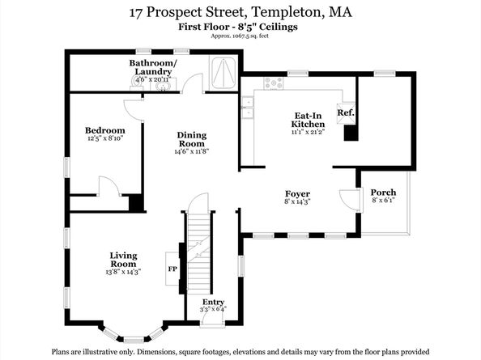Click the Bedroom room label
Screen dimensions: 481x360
pos(105,130)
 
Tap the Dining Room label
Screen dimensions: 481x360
pos(192,139)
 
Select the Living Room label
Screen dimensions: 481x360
pos(123,260)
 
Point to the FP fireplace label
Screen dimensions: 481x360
pos(172,269)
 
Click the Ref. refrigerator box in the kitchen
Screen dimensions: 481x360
pos(346,112)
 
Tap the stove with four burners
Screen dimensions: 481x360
pos(274,83)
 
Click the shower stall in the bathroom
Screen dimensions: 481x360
pos(223,73)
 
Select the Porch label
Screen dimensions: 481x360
pos(383,193)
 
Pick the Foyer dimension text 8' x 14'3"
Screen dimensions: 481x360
pos(297,201)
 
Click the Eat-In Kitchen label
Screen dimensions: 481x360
pos(308,120)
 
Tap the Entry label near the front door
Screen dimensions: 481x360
pos(213,302)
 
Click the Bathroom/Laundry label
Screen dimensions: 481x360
pos(153,67)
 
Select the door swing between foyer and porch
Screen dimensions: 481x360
pos(350,200)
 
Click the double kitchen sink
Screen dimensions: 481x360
pos(247,108)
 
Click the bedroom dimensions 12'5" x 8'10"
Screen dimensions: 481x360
pos(105,138)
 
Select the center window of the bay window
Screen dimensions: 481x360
pos(134,340)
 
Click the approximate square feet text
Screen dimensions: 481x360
pos(240,36)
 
